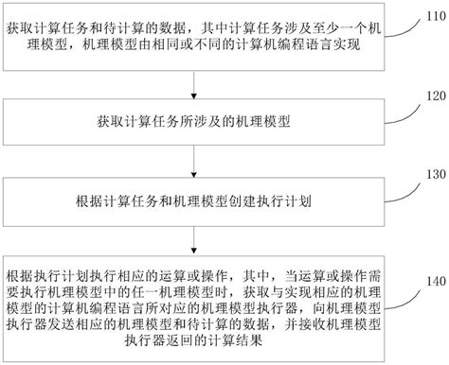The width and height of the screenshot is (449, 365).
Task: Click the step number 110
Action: [426, 19]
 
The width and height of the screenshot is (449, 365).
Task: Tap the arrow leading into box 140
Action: [194, 240]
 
